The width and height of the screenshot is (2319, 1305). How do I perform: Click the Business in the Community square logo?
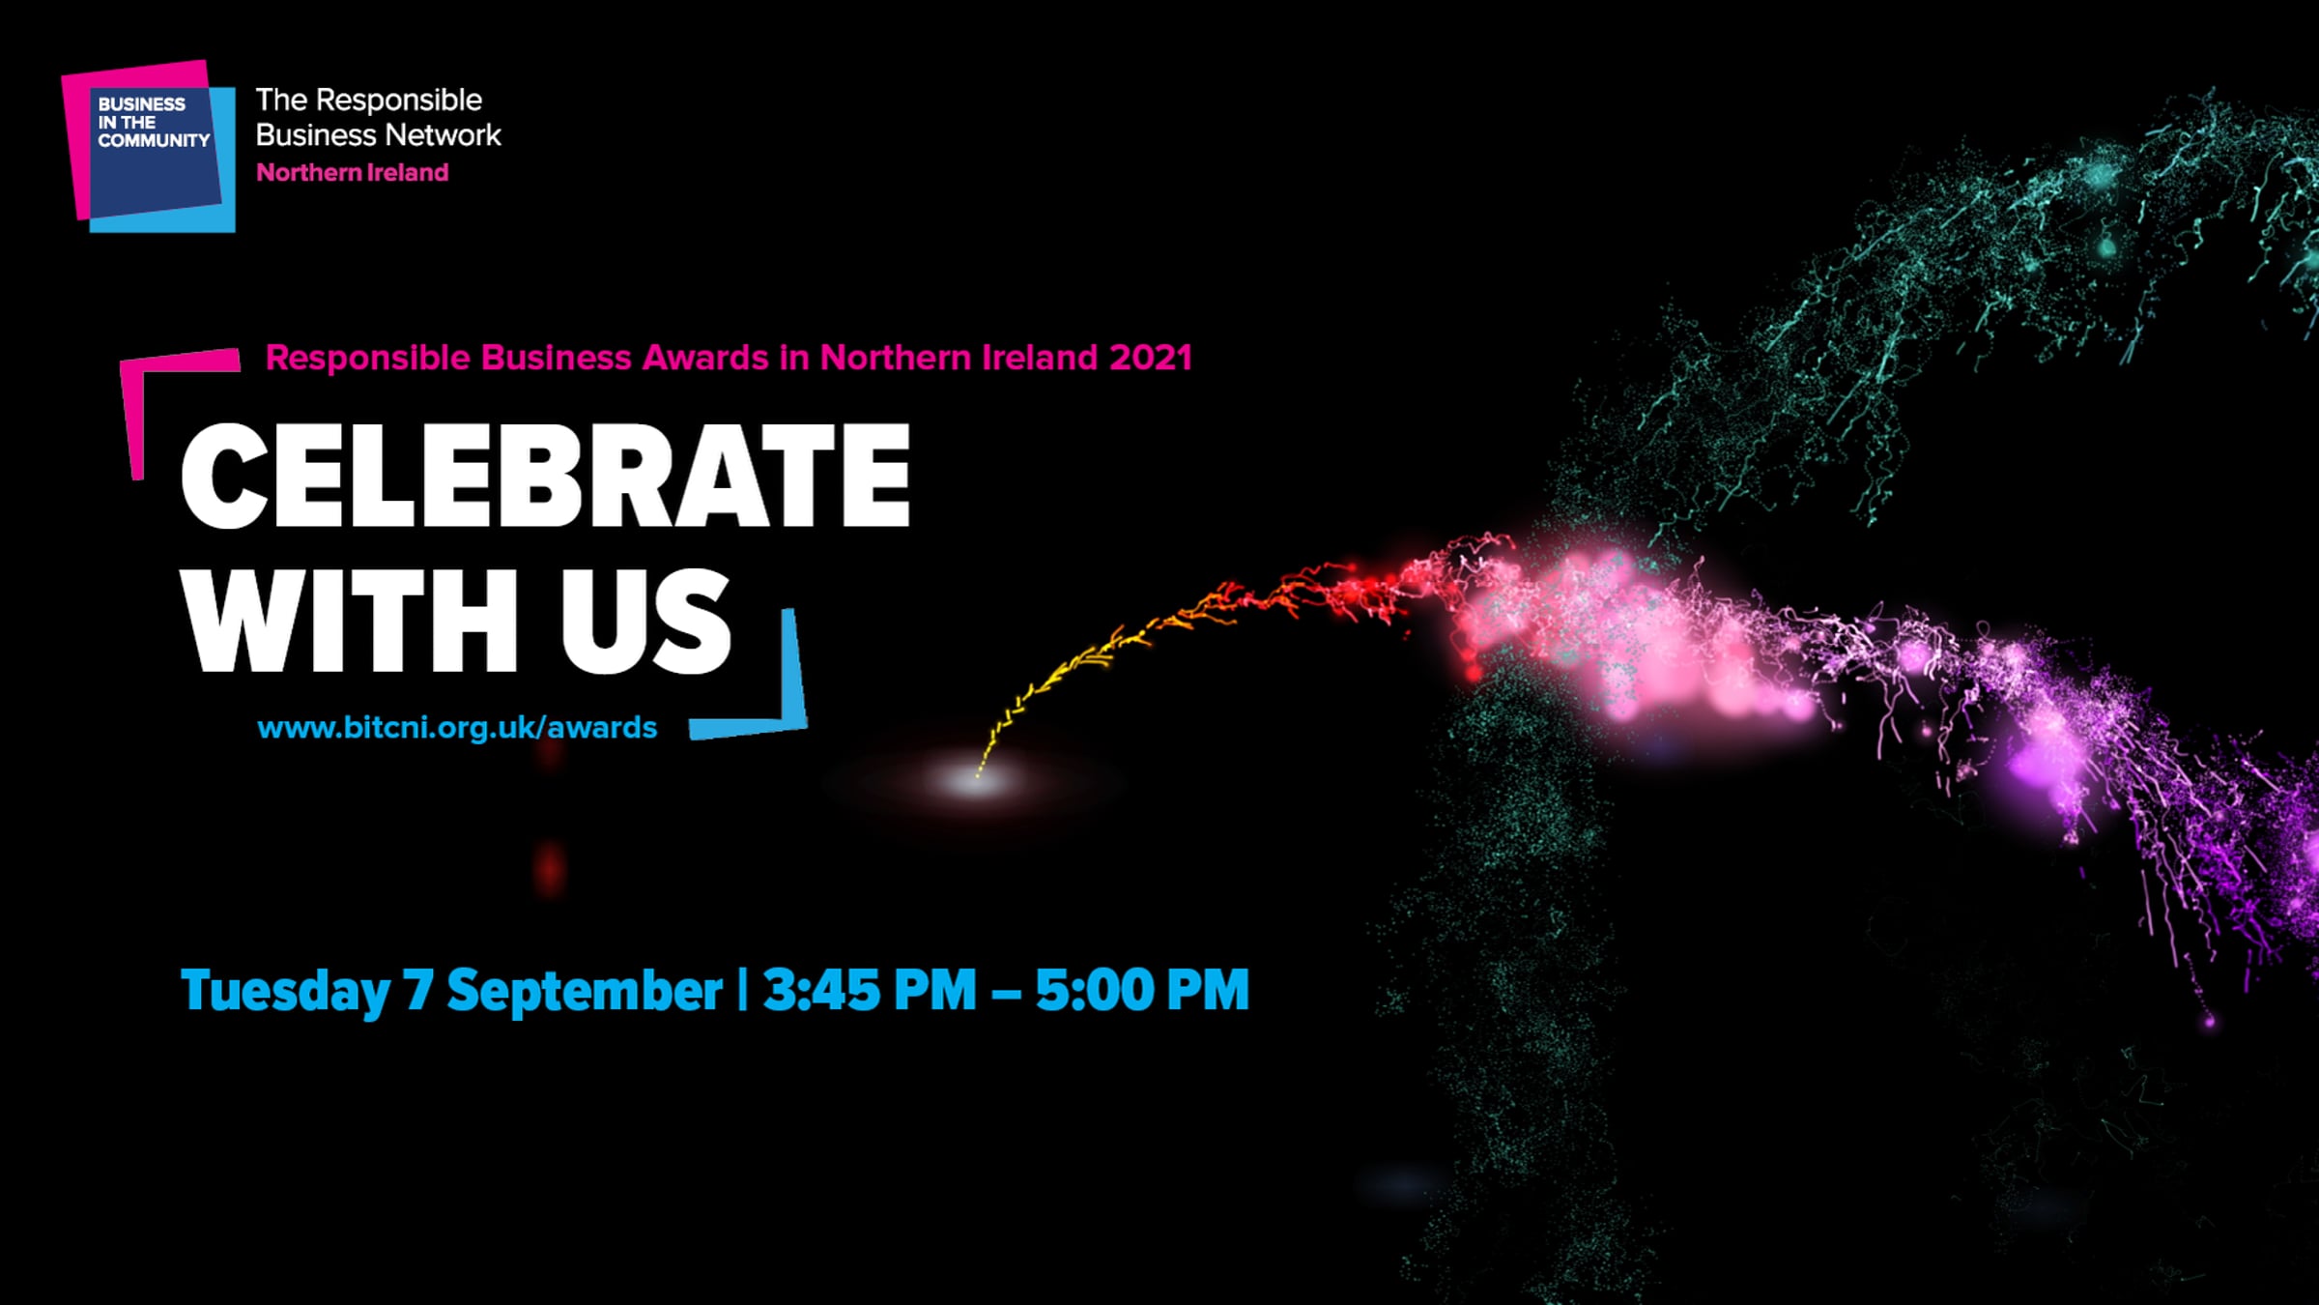tap(149, 146)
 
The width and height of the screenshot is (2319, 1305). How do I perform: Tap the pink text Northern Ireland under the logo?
tap(353, 173)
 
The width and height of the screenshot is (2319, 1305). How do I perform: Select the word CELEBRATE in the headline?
tap(546, 476)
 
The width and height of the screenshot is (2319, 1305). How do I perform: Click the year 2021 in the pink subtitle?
tap(1150, 358)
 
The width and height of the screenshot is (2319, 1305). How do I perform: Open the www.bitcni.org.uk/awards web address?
tap(457, 728)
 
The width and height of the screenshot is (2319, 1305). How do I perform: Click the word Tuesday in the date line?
tap(286, 991)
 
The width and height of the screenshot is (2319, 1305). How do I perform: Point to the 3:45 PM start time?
tap(870, 990)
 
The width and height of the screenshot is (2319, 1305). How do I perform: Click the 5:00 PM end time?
tap(1142, 990)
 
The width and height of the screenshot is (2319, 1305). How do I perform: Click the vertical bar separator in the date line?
tap(742, 990)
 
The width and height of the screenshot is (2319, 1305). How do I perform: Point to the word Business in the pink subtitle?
tap(557, 358)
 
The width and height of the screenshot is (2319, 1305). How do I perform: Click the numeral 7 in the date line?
tap(418, 990)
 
